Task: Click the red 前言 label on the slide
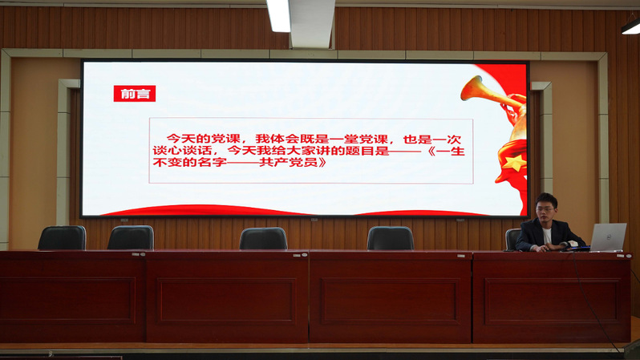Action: point(134,94)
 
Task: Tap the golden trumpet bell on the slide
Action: point(471,87)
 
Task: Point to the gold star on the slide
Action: point(513,162)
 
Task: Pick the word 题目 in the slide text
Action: point(359,151)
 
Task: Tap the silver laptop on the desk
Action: point(608,237)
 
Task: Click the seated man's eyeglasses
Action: point(545,209)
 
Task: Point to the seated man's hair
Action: point(546,200)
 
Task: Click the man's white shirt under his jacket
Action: point(547,236)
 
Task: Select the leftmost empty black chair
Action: point(62,237)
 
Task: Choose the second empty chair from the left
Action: point(131,237)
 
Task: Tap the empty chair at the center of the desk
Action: point(263,238)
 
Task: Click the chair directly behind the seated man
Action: point(512,239)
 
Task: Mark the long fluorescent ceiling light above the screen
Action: point(278,15)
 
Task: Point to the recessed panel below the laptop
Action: point(552,301)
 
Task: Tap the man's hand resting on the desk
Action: point(541,249)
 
